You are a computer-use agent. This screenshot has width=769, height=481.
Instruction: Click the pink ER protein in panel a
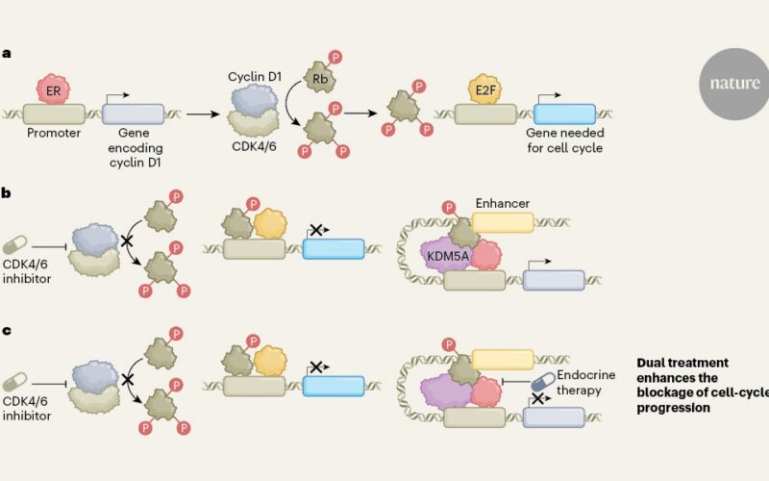click(53, 89)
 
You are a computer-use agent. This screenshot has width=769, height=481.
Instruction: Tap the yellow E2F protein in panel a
click(485, 89)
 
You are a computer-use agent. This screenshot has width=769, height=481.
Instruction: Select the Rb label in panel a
click(320, 78)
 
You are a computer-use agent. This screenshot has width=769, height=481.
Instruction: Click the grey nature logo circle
click(733, 84)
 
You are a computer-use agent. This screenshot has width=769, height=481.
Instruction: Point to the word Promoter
click(54, 133)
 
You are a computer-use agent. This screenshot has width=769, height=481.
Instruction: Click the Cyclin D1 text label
click(255, 77)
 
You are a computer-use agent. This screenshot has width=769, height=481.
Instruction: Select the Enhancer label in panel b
click(503, 203)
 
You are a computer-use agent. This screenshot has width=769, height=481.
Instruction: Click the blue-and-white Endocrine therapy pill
click(543, 381)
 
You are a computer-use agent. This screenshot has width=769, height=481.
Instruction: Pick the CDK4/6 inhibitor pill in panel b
click(14, 245)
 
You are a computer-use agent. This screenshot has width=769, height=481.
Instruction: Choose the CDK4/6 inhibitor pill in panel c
click(14, 382)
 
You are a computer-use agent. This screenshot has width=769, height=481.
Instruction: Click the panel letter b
click(6, 192)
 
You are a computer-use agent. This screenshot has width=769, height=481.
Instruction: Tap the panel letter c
click(6, 330)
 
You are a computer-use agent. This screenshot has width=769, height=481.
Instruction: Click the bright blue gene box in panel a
click(564, 114)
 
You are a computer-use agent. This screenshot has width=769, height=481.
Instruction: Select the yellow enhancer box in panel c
click(503, 359)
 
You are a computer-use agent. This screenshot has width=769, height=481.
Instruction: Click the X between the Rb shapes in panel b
click(128, 241)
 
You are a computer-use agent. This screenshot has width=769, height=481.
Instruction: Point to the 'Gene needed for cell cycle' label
click(565, 140)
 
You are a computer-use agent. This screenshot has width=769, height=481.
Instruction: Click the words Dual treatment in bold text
click(682, 363)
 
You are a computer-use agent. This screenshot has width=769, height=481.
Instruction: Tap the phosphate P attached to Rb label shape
click(335, 58)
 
